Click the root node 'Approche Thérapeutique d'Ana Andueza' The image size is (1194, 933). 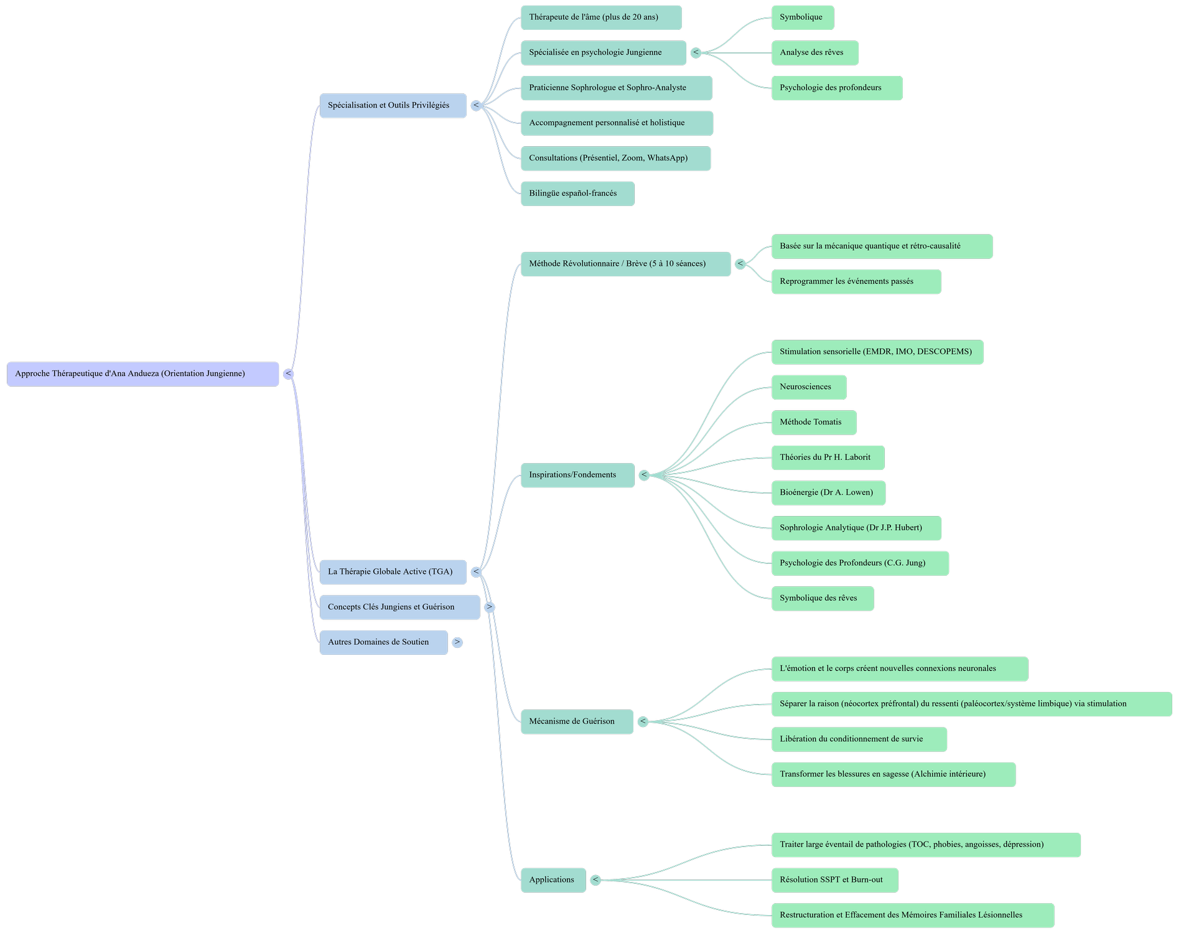coord(142,374)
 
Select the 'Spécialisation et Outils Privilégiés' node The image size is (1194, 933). coord(393,106)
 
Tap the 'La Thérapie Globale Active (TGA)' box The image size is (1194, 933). coord(393,572)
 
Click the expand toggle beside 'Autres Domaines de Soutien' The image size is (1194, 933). coord(457,642)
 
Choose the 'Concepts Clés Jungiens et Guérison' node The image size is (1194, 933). coord(399,607)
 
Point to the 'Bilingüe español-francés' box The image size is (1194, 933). coord(577,194)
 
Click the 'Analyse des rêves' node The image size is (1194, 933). coord(814,53)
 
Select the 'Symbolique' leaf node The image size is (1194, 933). coord(802,17)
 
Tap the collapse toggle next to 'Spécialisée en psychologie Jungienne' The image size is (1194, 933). coord(696,53)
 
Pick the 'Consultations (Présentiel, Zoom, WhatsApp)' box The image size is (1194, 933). coord(615,159)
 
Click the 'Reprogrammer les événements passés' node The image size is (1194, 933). coord(856,282)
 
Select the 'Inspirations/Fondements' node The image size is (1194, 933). coord(577,476)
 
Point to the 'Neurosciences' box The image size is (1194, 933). coord(808,387)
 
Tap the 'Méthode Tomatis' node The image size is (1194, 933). coord(813,423)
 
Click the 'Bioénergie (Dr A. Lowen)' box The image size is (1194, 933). coord(828,493)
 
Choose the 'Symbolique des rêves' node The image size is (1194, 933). coord(822,599)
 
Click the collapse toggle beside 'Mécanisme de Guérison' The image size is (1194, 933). coord(643,722)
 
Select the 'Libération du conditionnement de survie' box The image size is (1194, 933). coord(859,739)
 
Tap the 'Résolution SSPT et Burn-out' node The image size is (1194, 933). coord(834,880)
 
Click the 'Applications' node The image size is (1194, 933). coord(553,880)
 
